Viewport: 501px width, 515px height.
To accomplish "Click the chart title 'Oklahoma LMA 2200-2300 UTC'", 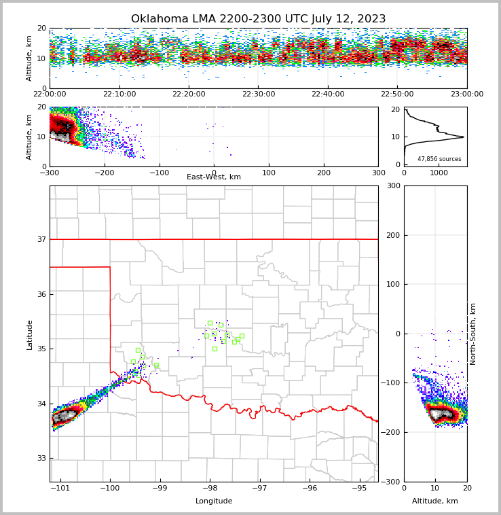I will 258,19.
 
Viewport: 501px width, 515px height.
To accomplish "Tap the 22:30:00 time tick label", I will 259,94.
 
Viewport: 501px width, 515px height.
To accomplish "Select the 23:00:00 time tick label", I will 466,94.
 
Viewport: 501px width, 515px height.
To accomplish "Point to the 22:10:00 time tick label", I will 119,94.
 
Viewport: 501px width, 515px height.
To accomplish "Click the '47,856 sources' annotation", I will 439,159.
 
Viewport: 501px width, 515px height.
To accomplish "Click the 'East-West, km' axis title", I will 214,177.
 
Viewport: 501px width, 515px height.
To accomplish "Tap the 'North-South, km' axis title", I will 473,334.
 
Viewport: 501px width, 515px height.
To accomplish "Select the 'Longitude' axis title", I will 214,501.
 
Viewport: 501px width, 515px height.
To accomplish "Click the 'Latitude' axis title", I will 30,334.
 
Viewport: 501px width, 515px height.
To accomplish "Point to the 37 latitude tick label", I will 41,239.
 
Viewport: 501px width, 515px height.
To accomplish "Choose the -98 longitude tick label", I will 210,488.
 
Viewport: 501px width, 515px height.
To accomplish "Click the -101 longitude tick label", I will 60,488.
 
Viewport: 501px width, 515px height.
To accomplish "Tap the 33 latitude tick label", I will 41,459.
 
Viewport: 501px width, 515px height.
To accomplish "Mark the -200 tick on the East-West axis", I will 104,173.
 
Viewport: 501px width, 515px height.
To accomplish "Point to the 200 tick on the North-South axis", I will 392,235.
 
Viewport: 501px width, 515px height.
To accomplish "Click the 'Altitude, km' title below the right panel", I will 435,501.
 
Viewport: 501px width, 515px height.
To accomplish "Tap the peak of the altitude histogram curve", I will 464,137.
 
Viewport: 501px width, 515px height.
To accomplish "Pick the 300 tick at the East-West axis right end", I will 378,173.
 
